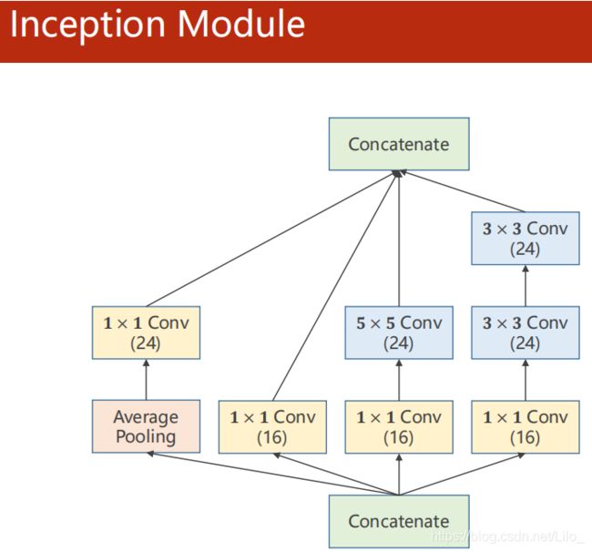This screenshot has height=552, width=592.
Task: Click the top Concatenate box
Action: pos(399,144)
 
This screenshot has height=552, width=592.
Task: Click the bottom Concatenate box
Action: pos(399,521)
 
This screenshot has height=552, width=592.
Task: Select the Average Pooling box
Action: pos(146,426)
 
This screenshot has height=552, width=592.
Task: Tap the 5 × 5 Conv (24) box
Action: pos(399,332)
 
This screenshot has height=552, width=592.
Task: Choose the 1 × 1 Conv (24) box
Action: pos(146,332)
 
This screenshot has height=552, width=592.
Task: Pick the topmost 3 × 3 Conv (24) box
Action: pos(526,239)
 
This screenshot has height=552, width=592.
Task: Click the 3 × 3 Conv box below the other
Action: pos(526,332)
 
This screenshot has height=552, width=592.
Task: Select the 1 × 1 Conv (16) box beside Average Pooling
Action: pos(272,427)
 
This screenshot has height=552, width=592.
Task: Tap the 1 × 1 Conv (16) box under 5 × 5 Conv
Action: pos(399,427)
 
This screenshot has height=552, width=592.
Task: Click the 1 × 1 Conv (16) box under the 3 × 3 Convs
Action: pos(526,427)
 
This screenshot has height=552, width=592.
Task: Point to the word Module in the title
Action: pos(241,24)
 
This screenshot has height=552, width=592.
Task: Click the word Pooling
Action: pos(146,437)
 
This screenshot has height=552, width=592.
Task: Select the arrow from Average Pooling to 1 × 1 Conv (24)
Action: pos(146,380)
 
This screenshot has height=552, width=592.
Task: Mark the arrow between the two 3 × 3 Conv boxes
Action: pos(526,285)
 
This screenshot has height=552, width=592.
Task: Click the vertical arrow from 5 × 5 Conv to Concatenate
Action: pos(399,239)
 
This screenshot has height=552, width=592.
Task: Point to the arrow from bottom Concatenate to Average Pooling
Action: pos(272,474)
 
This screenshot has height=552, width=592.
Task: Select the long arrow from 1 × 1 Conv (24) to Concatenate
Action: pos(271,239)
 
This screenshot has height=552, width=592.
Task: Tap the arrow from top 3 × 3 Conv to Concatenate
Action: pos(462,191)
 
